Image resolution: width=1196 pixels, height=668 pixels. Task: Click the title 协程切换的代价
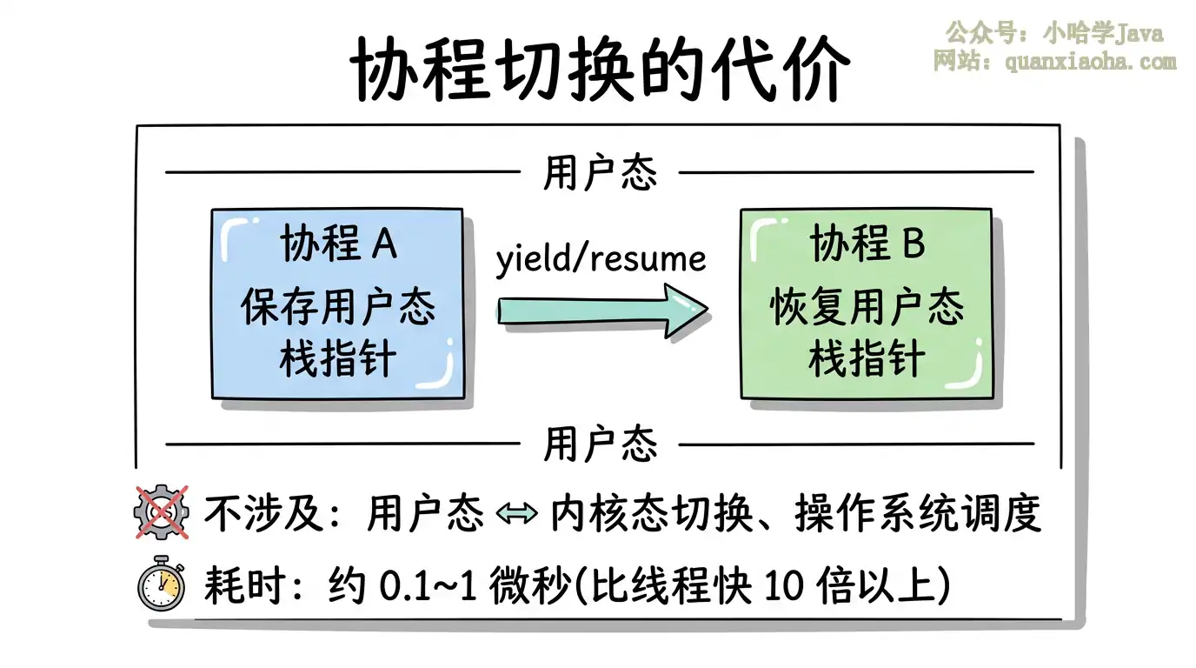pos(600,69)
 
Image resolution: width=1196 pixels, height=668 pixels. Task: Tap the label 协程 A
pos(338,244)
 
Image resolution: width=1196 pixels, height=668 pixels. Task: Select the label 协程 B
pos(867,243)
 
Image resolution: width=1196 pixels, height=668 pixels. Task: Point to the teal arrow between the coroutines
pos(603,311)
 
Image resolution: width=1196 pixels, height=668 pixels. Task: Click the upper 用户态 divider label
pos(600,173)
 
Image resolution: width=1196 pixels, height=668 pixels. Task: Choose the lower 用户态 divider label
pos(600,444)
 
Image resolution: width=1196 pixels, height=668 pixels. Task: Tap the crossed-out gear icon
pos(162,512)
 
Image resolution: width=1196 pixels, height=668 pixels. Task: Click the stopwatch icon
pos(162,584)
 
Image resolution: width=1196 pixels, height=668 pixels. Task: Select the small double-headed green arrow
pos(517,513)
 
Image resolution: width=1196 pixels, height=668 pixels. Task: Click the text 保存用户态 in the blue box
pos(338,307)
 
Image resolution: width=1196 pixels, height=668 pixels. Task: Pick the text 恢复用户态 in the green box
pos(867,307)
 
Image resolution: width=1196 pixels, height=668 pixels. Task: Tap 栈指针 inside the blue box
pos(337,358)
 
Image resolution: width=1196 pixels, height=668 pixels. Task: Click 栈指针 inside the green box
pos(867,358)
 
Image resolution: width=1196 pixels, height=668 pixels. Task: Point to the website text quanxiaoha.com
pos(1090,62)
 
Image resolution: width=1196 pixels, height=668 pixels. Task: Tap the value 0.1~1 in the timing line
pos(428,585)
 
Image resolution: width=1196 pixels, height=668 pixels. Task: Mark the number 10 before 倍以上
pos(783,585)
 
